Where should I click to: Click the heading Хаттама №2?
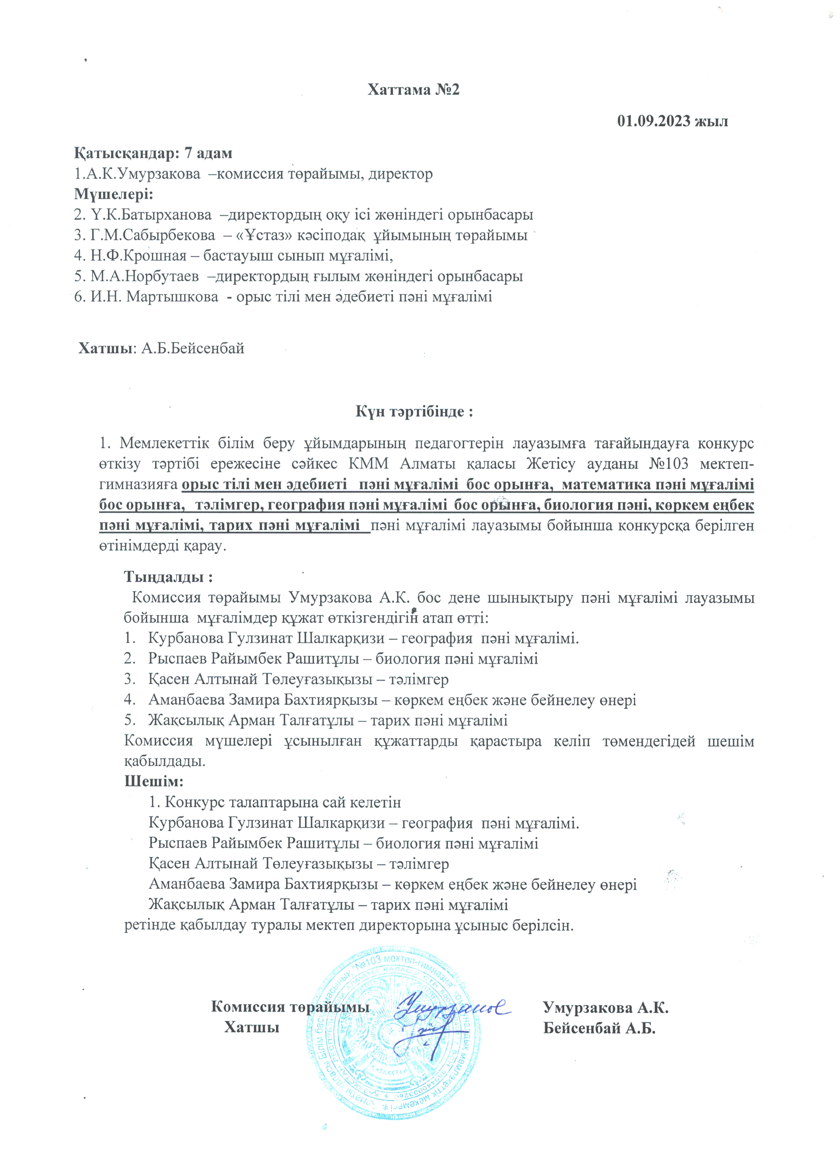coord(414,90)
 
